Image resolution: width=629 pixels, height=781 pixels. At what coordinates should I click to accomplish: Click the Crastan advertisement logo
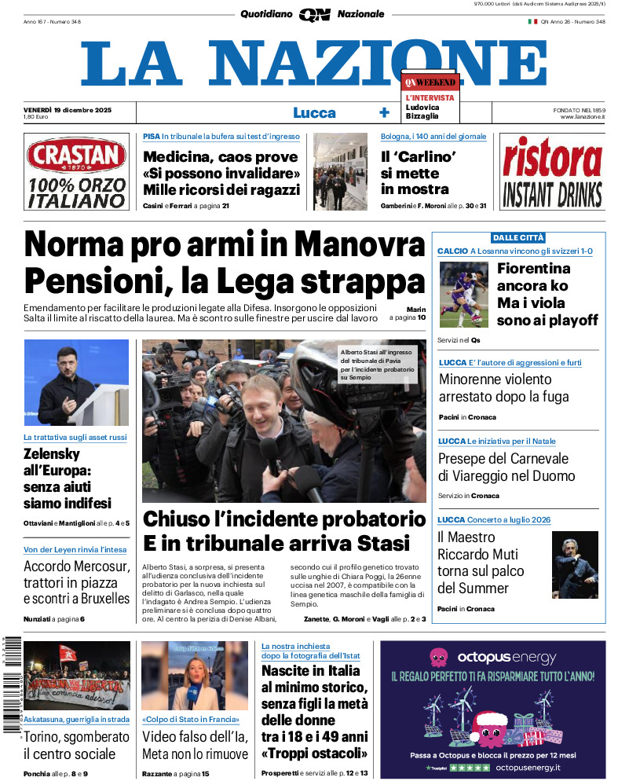[76, 156]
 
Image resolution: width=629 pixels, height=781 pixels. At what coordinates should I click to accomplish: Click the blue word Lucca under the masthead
[314, 112]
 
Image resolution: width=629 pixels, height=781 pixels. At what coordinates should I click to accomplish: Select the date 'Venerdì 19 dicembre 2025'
[68, 109]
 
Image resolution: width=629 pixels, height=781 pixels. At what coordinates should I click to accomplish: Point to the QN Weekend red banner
[430, 82]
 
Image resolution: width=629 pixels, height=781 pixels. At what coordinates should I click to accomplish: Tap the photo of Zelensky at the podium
[76, 383]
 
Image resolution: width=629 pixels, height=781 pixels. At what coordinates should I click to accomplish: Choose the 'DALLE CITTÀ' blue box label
[517, 237]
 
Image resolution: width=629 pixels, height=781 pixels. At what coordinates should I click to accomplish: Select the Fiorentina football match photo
[463, 294]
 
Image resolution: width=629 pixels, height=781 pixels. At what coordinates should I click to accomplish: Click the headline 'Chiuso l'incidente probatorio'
[284, 519]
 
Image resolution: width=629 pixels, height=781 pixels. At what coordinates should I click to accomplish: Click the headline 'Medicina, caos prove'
[221, 156]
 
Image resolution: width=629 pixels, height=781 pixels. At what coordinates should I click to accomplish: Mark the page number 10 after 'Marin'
[422, 318]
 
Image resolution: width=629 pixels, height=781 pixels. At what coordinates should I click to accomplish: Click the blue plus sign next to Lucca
[384, 112]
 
